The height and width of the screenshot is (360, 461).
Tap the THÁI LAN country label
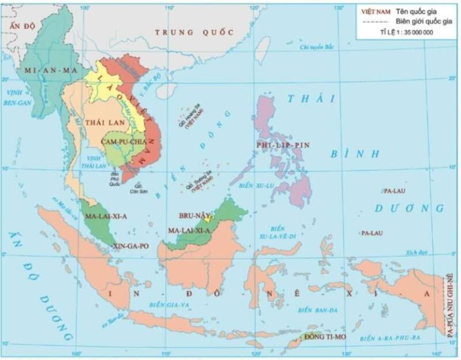coord(98,122)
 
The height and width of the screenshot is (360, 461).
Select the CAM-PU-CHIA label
coord(124,141)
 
